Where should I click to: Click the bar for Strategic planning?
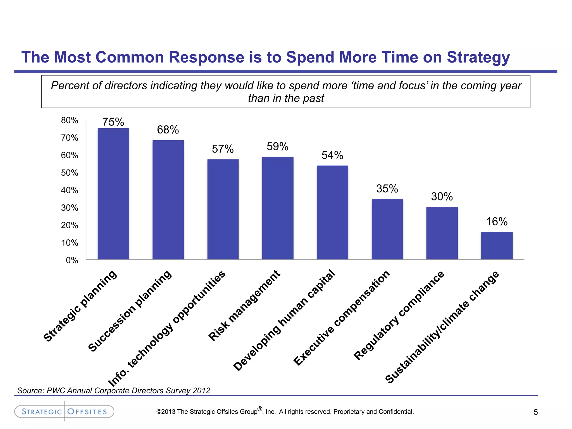tap(113, 194)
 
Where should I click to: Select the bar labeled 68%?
tap(168, 200)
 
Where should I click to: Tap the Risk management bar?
tap(278, 208)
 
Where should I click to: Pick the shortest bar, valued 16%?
tap(497, 246)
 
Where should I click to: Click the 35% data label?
tap(387, 189)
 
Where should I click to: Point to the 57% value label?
tap(223, 149)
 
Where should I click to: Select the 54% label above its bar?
tap(332, 155)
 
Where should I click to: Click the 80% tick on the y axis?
tap(70, 120)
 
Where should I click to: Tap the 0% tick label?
tap(72, 260)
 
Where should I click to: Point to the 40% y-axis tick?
tap(70, 190)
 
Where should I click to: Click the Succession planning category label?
tap(130, 311)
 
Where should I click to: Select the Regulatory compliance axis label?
tap(399, 315)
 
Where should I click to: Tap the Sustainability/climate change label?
tap(442, 327)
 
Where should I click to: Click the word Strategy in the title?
tap(478, 58)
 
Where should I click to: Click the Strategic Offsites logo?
tap(64, 411)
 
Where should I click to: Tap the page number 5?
tap(535, 412)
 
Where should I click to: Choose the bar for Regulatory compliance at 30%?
tap(442, 233)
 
